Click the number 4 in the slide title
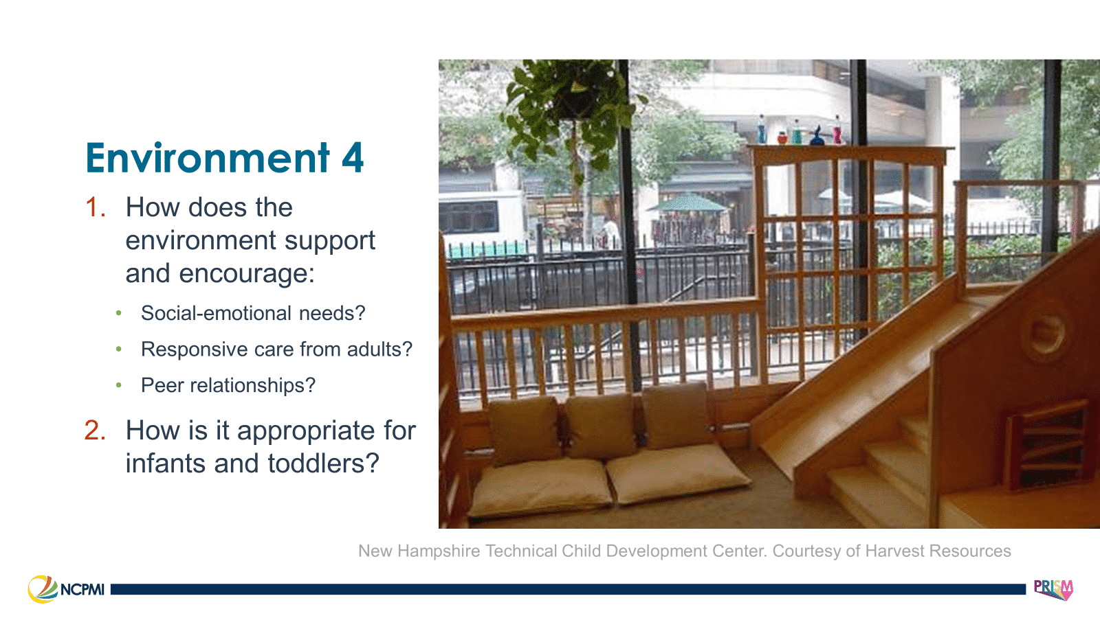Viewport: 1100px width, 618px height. point(352,159)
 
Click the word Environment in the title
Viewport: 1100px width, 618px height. point(208,159)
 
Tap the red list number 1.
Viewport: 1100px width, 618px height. point(95,207)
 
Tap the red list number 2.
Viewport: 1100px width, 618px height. point(95,431)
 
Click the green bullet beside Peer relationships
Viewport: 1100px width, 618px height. point(119,385)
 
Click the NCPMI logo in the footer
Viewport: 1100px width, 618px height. point(67,589)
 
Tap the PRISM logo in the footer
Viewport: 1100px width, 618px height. point(1053,589)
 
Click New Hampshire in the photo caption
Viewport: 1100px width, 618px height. point(419,551)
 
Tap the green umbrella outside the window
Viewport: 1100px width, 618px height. point(687,204)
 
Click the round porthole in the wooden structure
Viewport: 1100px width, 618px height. point(1046,332)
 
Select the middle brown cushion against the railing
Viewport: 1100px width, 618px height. point(599,426)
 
